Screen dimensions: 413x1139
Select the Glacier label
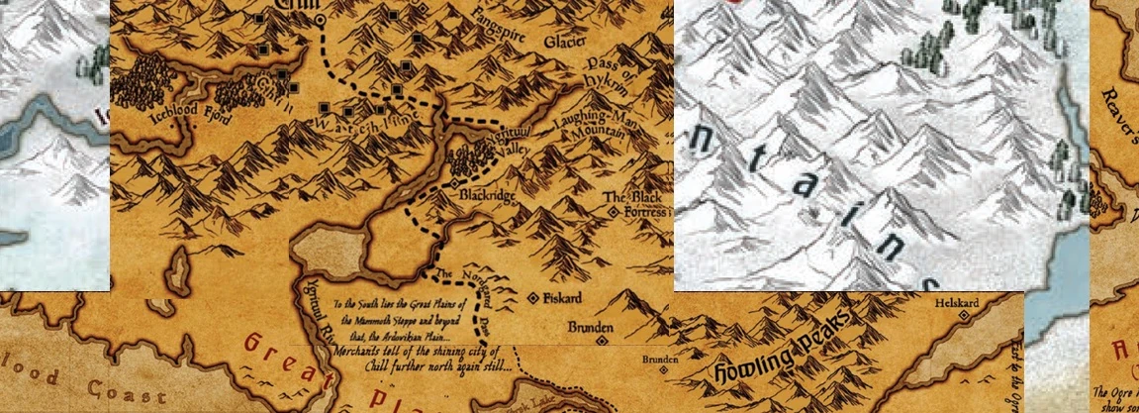[563, 42]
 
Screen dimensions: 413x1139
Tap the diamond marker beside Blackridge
[455, 184]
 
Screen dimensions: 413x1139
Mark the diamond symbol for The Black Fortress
[614, 212]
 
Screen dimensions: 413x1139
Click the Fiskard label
[560, 297]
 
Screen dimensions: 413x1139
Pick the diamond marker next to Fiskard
[532, 297]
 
